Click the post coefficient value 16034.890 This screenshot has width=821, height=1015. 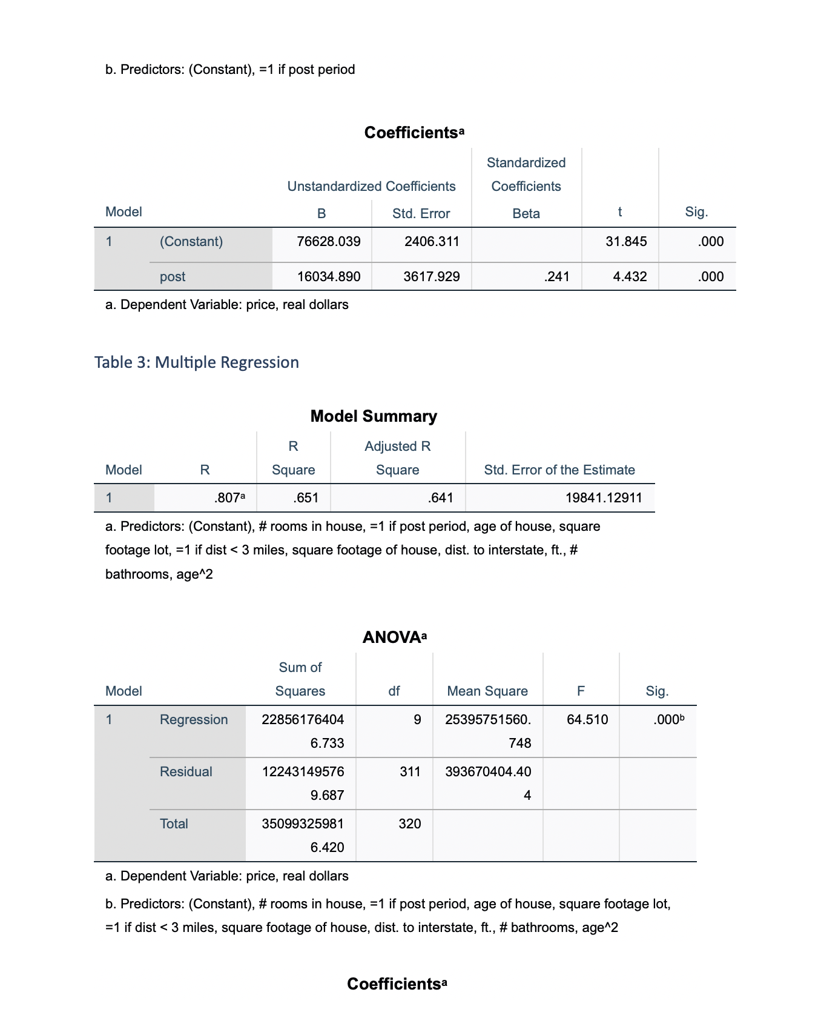coord(329,277)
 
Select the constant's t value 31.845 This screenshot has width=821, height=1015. coord(626,242)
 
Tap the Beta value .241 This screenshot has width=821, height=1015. coord(556,277)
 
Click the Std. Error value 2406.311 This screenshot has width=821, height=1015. coord(432,242)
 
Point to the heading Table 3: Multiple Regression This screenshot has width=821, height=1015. coord(197,362)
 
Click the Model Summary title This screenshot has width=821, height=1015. coord(374,416)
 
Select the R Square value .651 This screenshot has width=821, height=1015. coord(305,498)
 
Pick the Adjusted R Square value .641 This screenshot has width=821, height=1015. coord(440,498)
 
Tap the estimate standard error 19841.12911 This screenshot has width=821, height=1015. coord(603,498)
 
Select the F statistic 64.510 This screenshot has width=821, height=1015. coord(587,720)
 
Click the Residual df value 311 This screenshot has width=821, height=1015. coord(410,772)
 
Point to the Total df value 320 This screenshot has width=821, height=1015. coord(410,824)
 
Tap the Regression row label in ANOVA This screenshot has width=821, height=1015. coord(194,720)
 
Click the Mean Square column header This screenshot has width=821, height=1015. coord(487,691)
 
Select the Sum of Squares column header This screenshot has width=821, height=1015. coord(300,679)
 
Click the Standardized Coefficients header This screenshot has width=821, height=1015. coord(526,175)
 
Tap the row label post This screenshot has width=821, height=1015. coord(173,277)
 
